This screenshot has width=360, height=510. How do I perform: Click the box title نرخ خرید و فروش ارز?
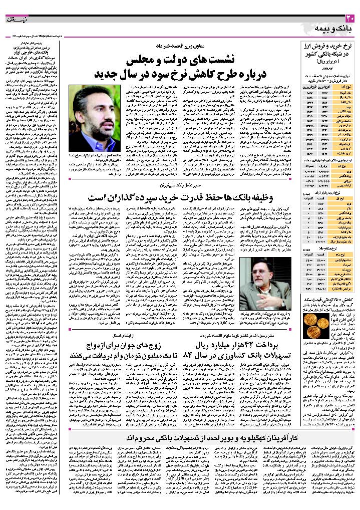click(x=329, y=46)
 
